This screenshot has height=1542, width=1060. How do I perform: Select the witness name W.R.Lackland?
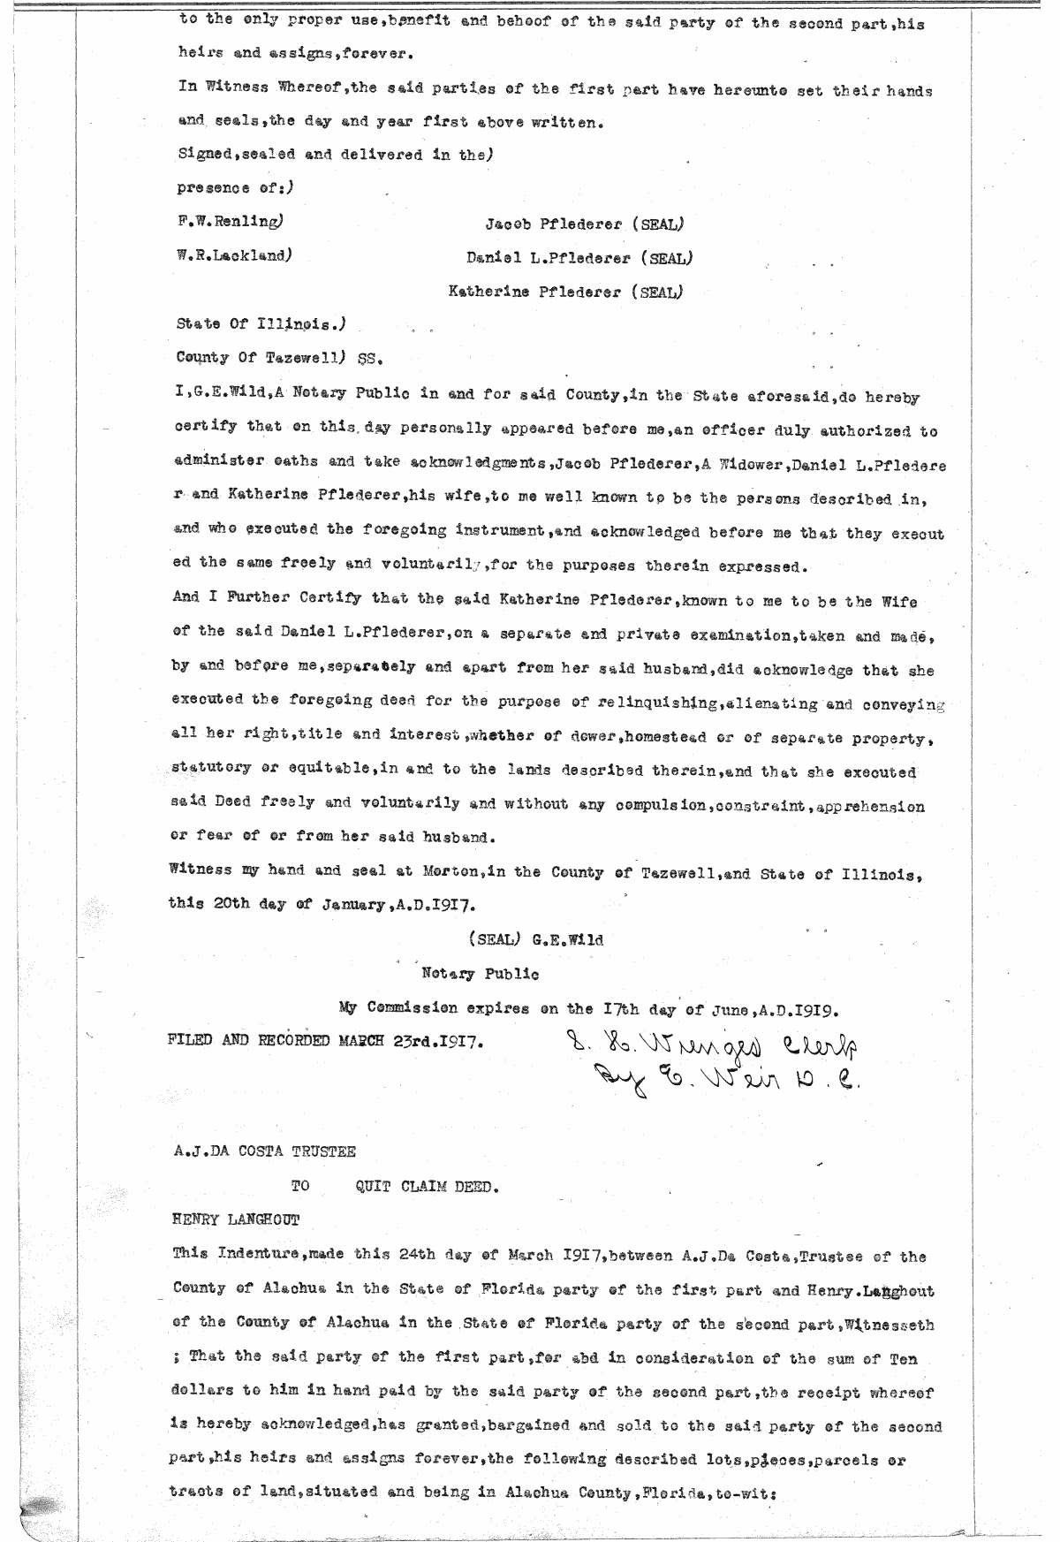click(x=233, y=256)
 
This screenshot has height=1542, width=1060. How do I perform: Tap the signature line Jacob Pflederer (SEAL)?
click(x=585, y=224)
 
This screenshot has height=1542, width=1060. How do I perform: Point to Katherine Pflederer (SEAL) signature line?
click(x=565, y=291)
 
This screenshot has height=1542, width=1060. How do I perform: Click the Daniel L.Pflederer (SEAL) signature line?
click(x=579, y=258)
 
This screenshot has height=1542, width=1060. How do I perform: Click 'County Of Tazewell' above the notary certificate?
click(x=260, y=358)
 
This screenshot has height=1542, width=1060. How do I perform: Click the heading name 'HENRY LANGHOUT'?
click(x=236, y=1220)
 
